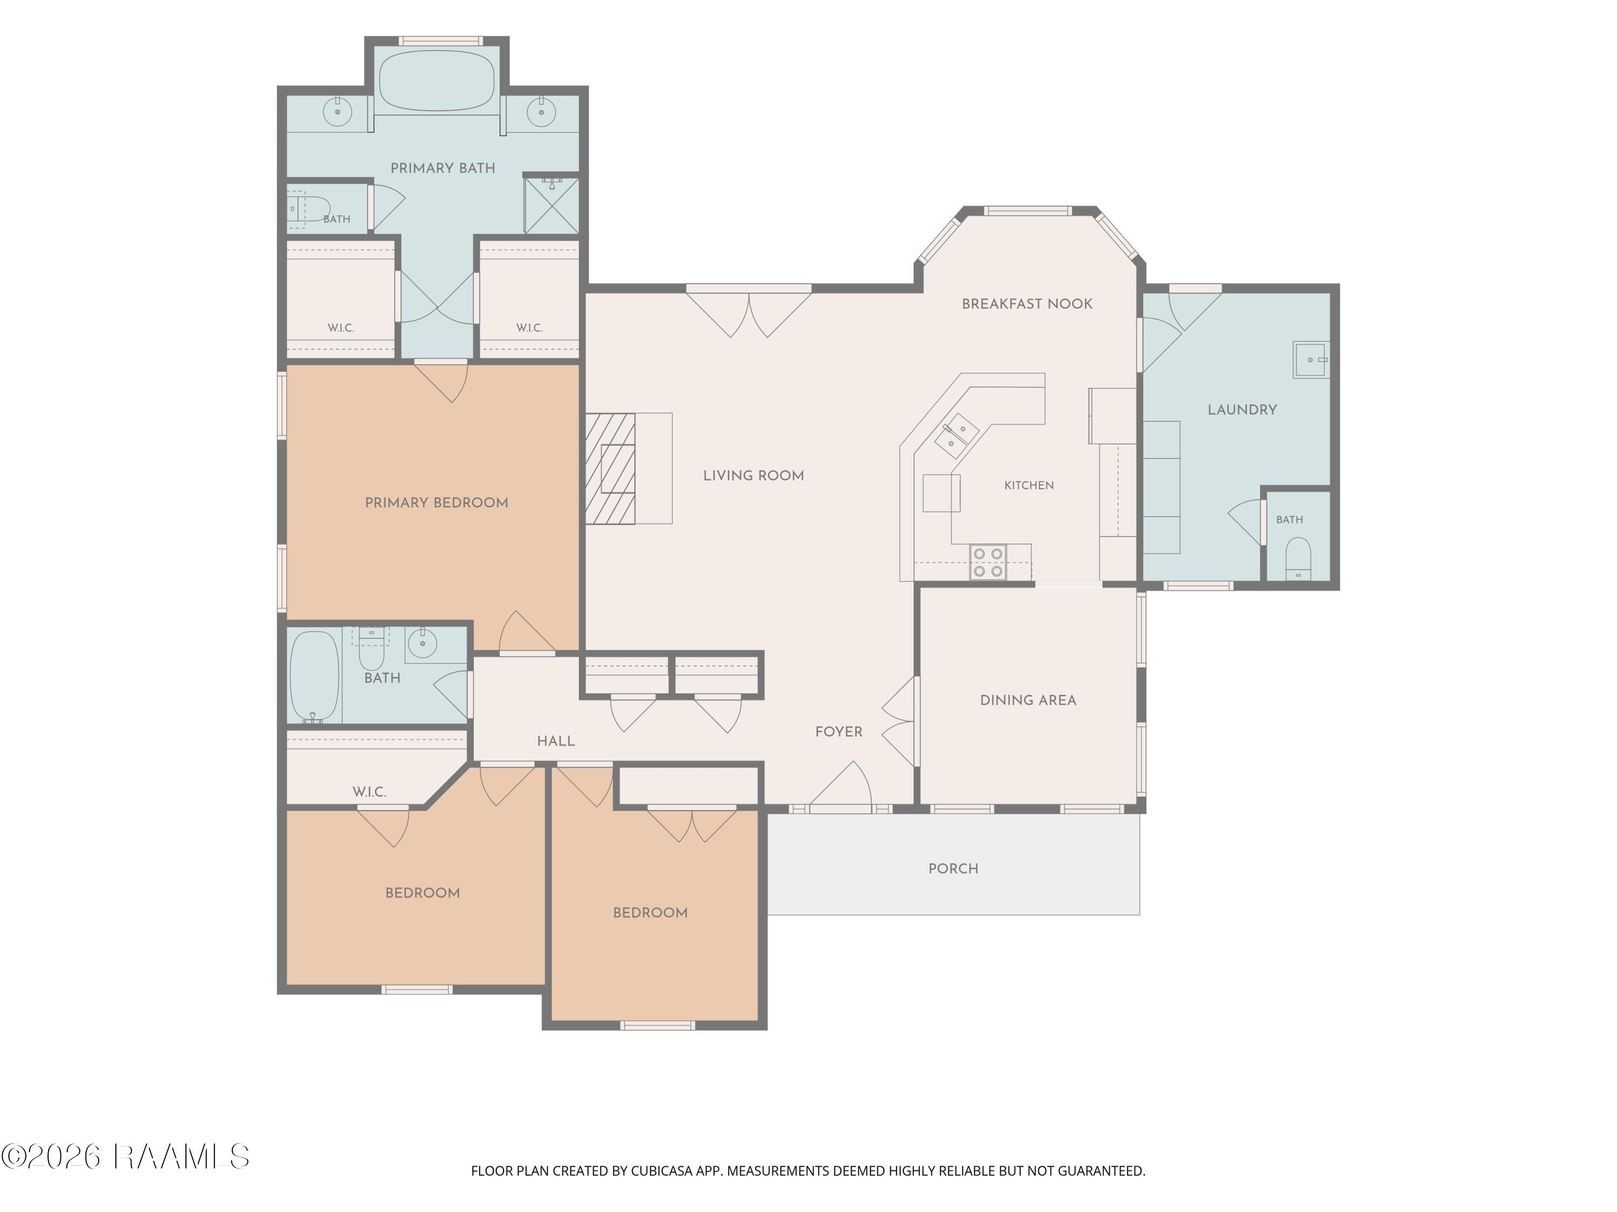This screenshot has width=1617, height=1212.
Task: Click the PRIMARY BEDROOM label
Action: pyautogui.click(x=437, y=503)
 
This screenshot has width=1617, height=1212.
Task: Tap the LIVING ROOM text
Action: pyautogui.click(x=754, y=476)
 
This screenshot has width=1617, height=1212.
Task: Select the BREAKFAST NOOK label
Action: pyautogui.click(x=1027, y=304)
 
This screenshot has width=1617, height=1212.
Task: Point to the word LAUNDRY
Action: pyautogui.click(x=1242, y=410)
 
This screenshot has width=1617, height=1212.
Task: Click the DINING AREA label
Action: pyautogui.click(x=1028, y=700)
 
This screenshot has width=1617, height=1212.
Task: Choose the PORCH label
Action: pyautogui.click(x=953, y=869)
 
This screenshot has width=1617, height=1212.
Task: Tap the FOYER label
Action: pyautogui.click(x=839, y=732)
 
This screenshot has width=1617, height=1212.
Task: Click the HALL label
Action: pyautogui.click(x=556, y=741)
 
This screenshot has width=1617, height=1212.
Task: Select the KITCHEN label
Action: pyautogui.click(x=1028, y=485)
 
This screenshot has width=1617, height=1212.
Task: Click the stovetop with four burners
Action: pyautogui.click(x=989, y=562)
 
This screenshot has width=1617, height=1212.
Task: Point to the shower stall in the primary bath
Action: pyautogui.click(x=552, y=205)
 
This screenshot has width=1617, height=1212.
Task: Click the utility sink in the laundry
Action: pyautogui.click(x=1311, y=359)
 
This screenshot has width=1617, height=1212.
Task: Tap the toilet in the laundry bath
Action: pyautogui.click(x=1298, y=559)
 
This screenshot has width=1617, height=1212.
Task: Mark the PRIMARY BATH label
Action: pyautogui.click(x=443, y=168)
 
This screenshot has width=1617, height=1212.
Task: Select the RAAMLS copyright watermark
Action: pyautogui.click(x=126, y=1157)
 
